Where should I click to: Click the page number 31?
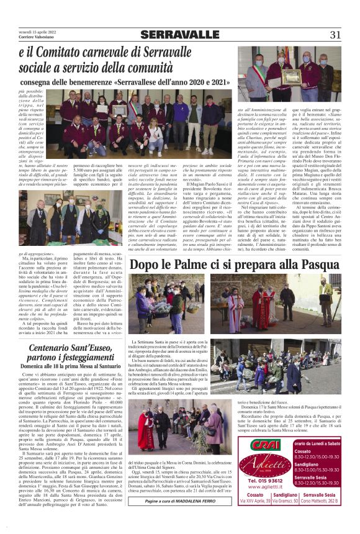(335, 34)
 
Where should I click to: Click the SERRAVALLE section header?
(179, 35)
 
